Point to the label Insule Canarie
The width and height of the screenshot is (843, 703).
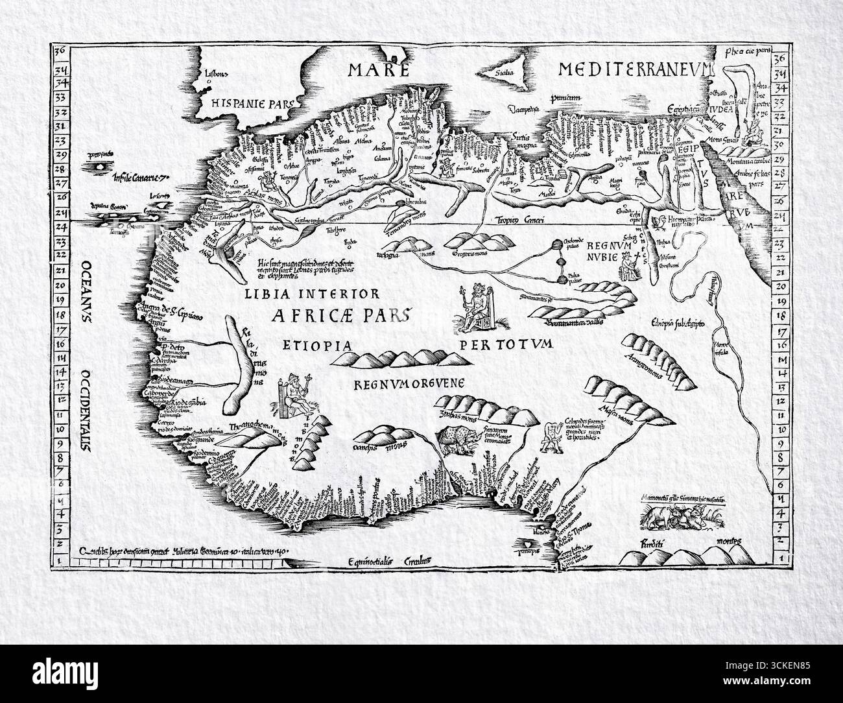coord(140,177)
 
